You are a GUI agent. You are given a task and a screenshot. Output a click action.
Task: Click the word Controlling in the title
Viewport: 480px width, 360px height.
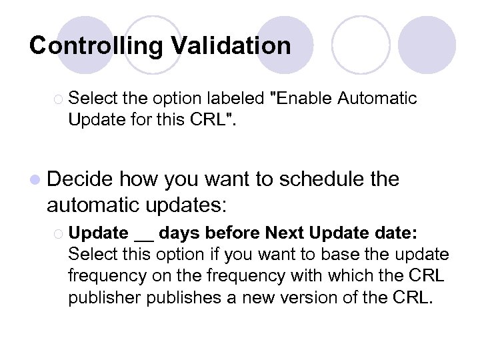point(96,46)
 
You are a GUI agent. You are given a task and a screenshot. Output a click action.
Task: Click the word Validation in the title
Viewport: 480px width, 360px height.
point(231,45)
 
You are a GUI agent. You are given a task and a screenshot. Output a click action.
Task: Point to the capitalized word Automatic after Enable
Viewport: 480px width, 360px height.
point(377,99)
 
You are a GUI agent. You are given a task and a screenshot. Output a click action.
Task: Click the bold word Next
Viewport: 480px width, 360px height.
point(281,233)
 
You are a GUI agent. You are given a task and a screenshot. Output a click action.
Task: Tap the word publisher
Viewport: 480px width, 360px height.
point(101,297)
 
